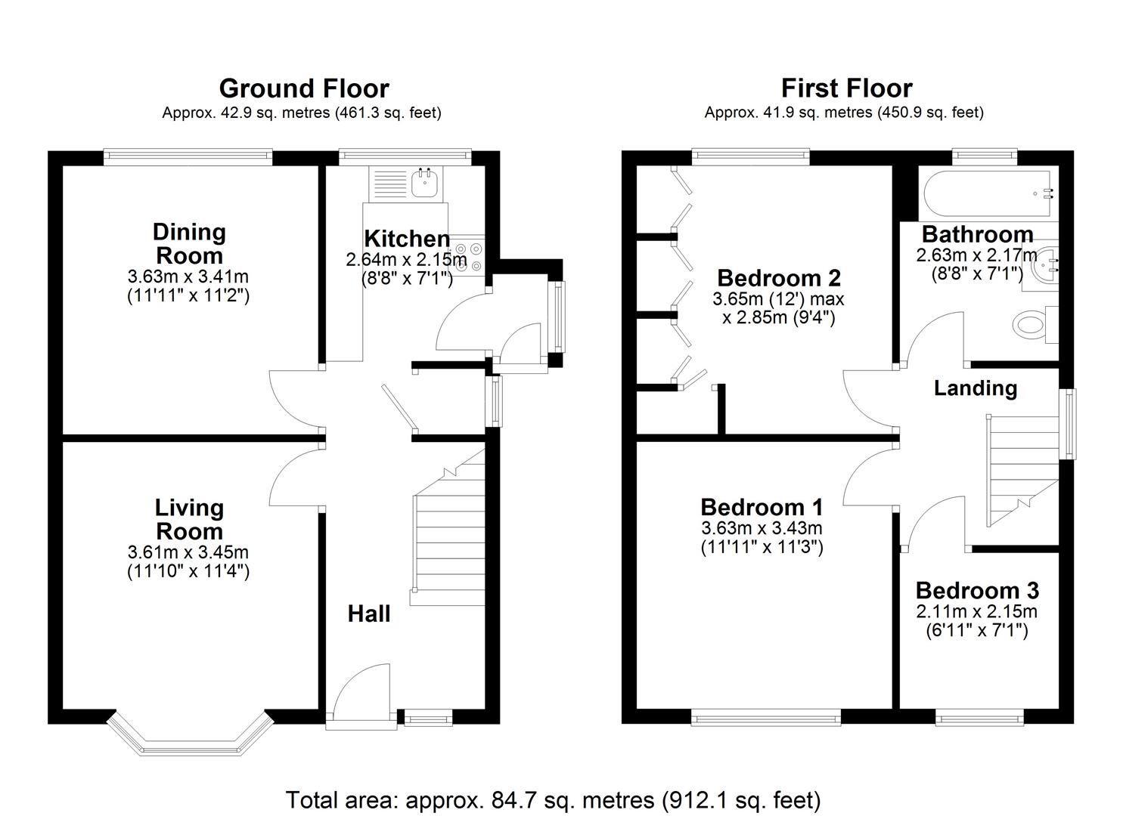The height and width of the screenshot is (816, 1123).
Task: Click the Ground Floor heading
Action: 303,89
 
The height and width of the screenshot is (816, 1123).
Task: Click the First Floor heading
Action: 846,89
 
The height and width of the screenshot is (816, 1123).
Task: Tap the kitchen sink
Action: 424,182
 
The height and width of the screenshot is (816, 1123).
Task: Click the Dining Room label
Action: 189,243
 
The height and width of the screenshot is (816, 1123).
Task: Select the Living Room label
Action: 189,519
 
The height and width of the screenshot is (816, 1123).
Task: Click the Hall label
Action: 369,614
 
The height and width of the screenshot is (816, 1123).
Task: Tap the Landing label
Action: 975,388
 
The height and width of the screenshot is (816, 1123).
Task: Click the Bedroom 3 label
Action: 976,590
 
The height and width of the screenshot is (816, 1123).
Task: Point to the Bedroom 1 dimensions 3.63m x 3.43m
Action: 762,528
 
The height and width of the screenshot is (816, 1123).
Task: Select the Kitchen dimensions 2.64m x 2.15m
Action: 406,260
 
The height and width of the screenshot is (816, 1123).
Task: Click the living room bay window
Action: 189,737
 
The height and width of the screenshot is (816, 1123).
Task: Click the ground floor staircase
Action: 449,536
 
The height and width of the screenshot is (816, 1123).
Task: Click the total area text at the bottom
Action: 553,799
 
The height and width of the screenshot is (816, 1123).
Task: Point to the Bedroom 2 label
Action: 778,278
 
